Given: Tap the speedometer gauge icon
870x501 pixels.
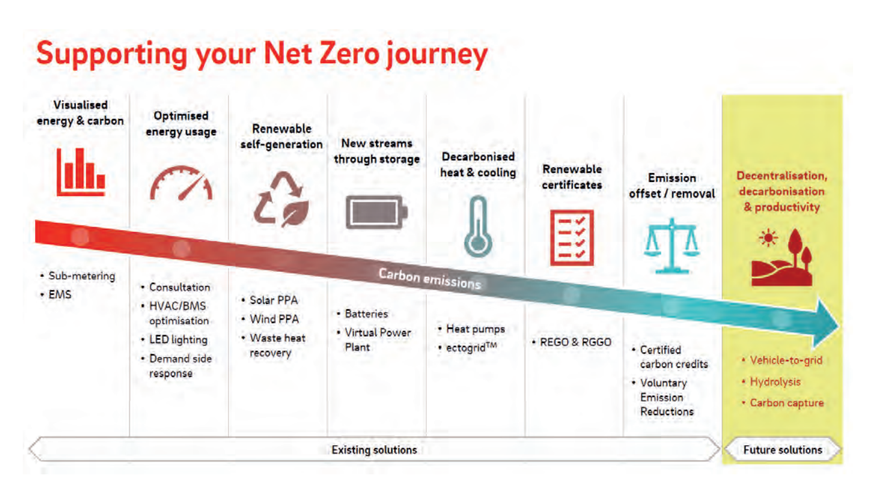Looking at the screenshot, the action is point(181,183).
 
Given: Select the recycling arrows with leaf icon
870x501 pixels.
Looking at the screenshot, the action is point(281,199).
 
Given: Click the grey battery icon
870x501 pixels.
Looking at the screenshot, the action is point(376,212).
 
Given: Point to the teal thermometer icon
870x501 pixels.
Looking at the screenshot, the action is point(478,227).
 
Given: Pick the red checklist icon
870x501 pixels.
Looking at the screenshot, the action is point(572,238).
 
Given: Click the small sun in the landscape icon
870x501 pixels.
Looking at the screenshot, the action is point(768,238).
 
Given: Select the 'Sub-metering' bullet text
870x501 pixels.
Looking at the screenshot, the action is point(82,276).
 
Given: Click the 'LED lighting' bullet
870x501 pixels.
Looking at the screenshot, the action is point(178,340).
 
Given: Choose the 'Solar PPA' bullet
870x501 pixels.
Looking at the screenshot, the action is point(274,300).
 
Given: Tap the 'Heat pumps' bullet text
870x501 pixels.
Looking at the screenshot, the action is point(476,329).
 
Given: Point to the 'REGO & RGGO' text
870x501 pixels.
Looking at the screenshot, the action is point(576,342).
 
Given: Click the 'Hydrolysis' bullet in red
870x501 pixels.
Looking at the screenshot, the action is point(775,382).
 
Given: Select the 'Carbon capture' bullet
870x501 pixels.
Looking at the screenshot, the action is point(787,403).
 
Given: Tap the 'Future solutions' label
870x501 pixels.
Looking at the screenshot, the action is point(783,450).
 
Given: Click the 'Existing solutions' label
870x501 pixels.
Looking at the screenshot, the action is point(374,450).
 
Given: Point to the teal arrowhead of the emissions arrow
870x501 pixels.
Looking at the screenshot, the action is point(825,323).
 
